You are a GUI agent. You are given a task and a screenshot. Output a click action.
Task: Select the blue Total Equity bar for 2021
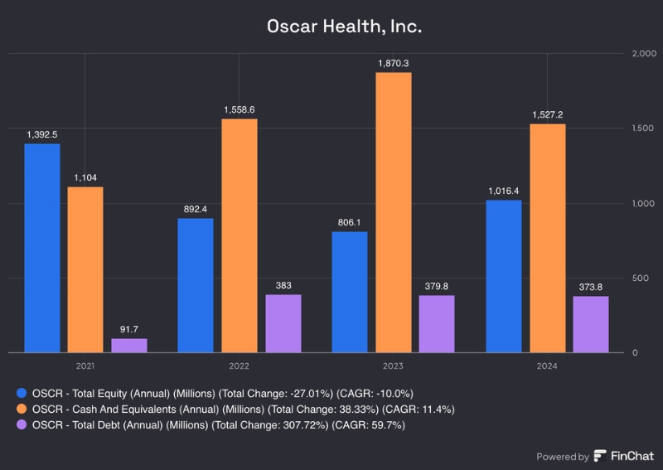pyautogui.click(x=41, y=249)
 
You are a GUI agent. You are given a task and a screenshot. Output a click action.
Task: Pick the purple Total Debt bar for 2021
pyautogui.click(x=128, y=346)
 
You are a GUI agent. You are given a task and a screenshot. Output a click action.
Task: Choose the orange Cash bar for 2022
pyautogui.click(x=239, y=235)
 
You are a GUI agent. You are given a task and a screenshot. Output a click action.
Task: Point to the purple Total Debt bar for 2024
pyautogui.click(x=590, y=324)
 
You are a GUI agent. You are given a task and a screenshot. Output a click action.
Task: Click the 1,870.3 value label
pyautogui.click(x=393, y=62)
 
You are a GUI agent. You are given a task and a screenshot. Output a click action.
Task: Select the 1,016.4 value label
pyautogui.click(x=504, y=190)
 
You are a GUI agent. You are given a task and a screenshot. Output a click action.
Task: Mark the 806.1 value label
pyautogui.click(x=350, y=221)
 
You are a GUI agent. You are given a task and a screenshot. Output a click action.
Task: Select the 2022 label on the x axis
pyautogui.click(x=239, y=366)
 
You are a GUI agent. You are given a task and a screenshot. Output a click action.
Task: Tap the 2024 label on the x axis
pyautogui.click(x=547, y=366)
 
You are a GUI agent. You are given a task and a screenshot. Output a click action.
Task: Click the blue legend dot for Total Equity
pyautogui.click(x=22, y=393)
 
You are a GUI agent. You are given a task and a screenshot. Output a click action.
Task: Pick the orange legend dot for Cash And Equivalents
pyautogui.click(x=22, y=409)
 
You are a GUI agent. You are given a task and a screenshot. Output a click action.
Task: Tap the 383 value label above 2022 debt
pyautogui.click(x=283, y=284)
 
